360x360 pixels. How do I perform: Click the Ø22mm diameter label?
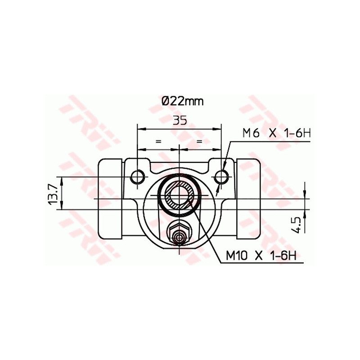[x=182, y=101]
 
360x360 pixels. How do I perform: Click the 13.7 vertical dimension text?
[x=53, y=193]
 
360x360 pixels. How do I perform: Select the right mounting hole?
[x=220, y=176]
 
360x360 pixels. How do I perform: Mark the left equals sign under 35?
[x=158, y=141]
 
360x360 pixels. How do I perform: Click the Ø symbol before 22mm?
[x=166, y=101]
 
